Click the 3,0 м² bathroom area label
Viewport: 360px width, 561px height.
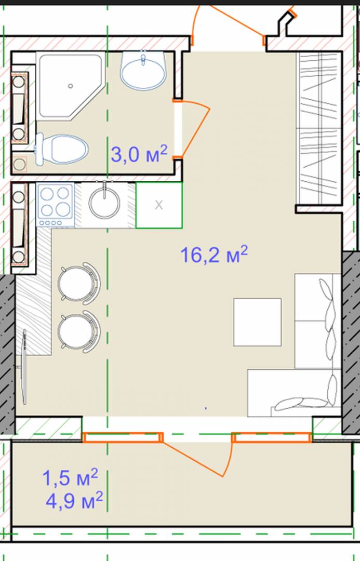click(x=139, y=154)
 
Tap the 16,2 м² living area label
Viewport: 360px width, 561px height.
click(x=214, y=255)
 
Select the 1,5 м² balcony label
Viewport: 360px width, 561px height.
click(x=70, y=478)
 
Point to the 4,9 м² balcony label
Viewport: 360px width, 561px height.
click(x=74, y=500)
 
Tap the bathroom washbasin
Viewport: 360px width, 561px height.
click(x=143, y=71)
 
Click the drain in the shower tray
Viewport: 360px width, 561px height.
click(x=71, y=86)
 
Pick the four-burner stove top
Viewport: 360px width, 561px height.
click(x=55, y=205)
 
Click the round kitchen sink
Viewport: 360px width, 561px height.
click(x=104, y=203)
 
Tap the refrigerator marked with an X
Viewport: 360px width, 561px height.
click(x=159, y=205)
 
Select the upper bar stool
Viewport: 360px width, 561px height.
click(x=79, y=284)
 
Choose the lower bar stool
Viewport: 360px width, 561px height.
click(x=79, y=331)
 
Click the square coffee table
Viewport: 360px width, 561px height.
click(x=257, y=322)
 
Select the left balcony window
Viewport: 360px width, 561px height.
click(x=123, y=437)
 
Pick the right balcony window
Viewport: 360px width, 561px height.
click(x=272, y=437)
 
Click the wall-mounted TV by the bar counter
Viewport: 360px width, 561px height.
click(x=24, y=367)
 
